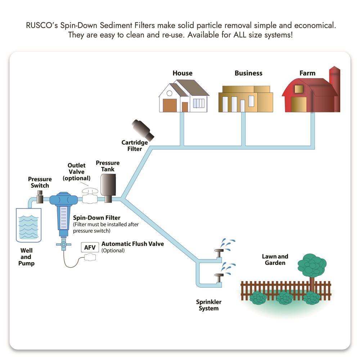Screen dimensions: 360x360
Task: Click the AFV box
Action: click(89, 248)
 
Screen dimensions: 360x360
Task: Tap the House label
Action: click(183, 73)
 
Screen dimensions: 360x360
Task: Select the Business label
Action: click(248, 73)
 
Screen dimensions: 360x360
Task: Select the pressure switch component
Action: click(40, 196)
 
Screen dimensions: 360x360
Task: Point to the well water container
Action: click(28, 225)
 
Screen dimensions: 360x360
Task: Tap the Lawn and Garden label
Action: click(275, 260)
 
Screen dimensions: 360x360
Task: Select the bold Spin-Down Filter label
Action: click(97, 218)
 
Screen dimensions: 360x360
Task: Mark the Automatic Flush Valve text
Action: click(132, 244)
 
